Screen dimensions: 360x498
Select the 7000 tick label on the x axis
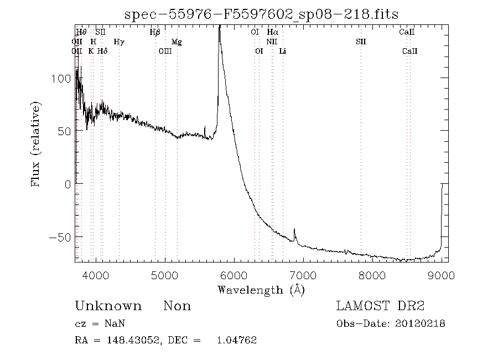point(303,275)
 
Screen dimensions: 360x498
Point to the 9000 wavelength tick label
point(441,275)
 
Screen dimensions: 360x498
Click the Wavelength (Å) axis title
point(261,289)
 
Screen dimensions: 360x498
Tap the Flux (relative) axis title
point(37,144)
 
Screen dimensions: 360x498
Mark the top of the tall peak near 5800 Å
point(220,27)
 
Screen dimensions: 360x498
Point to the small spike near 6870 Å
point(294,229)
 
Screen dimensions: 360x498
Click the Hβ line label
point(155,32)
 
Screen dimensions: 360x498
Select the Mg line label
point(177,42)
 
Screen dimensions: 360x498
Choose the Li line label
point(283,51)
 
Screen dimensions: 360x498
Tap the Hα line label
point(272,32)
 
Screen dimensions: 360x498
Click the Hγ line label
point(119,42)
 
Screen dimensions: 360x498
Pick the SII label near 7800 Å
point(361,42)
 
